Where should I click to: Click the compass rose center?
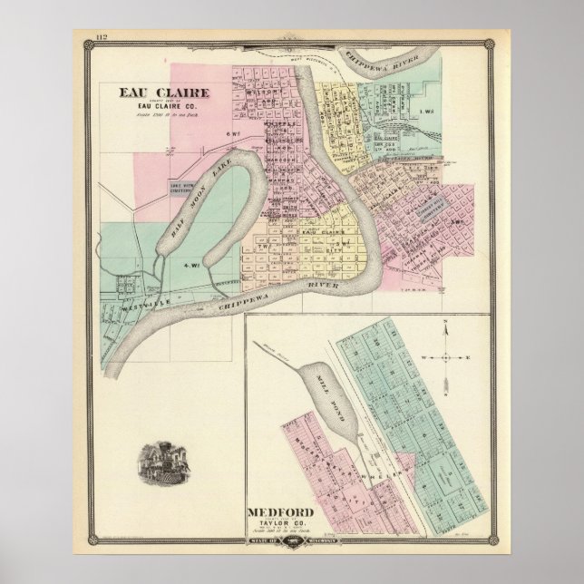point(446,356)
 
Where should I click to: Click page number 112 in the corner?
point(100,35)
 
